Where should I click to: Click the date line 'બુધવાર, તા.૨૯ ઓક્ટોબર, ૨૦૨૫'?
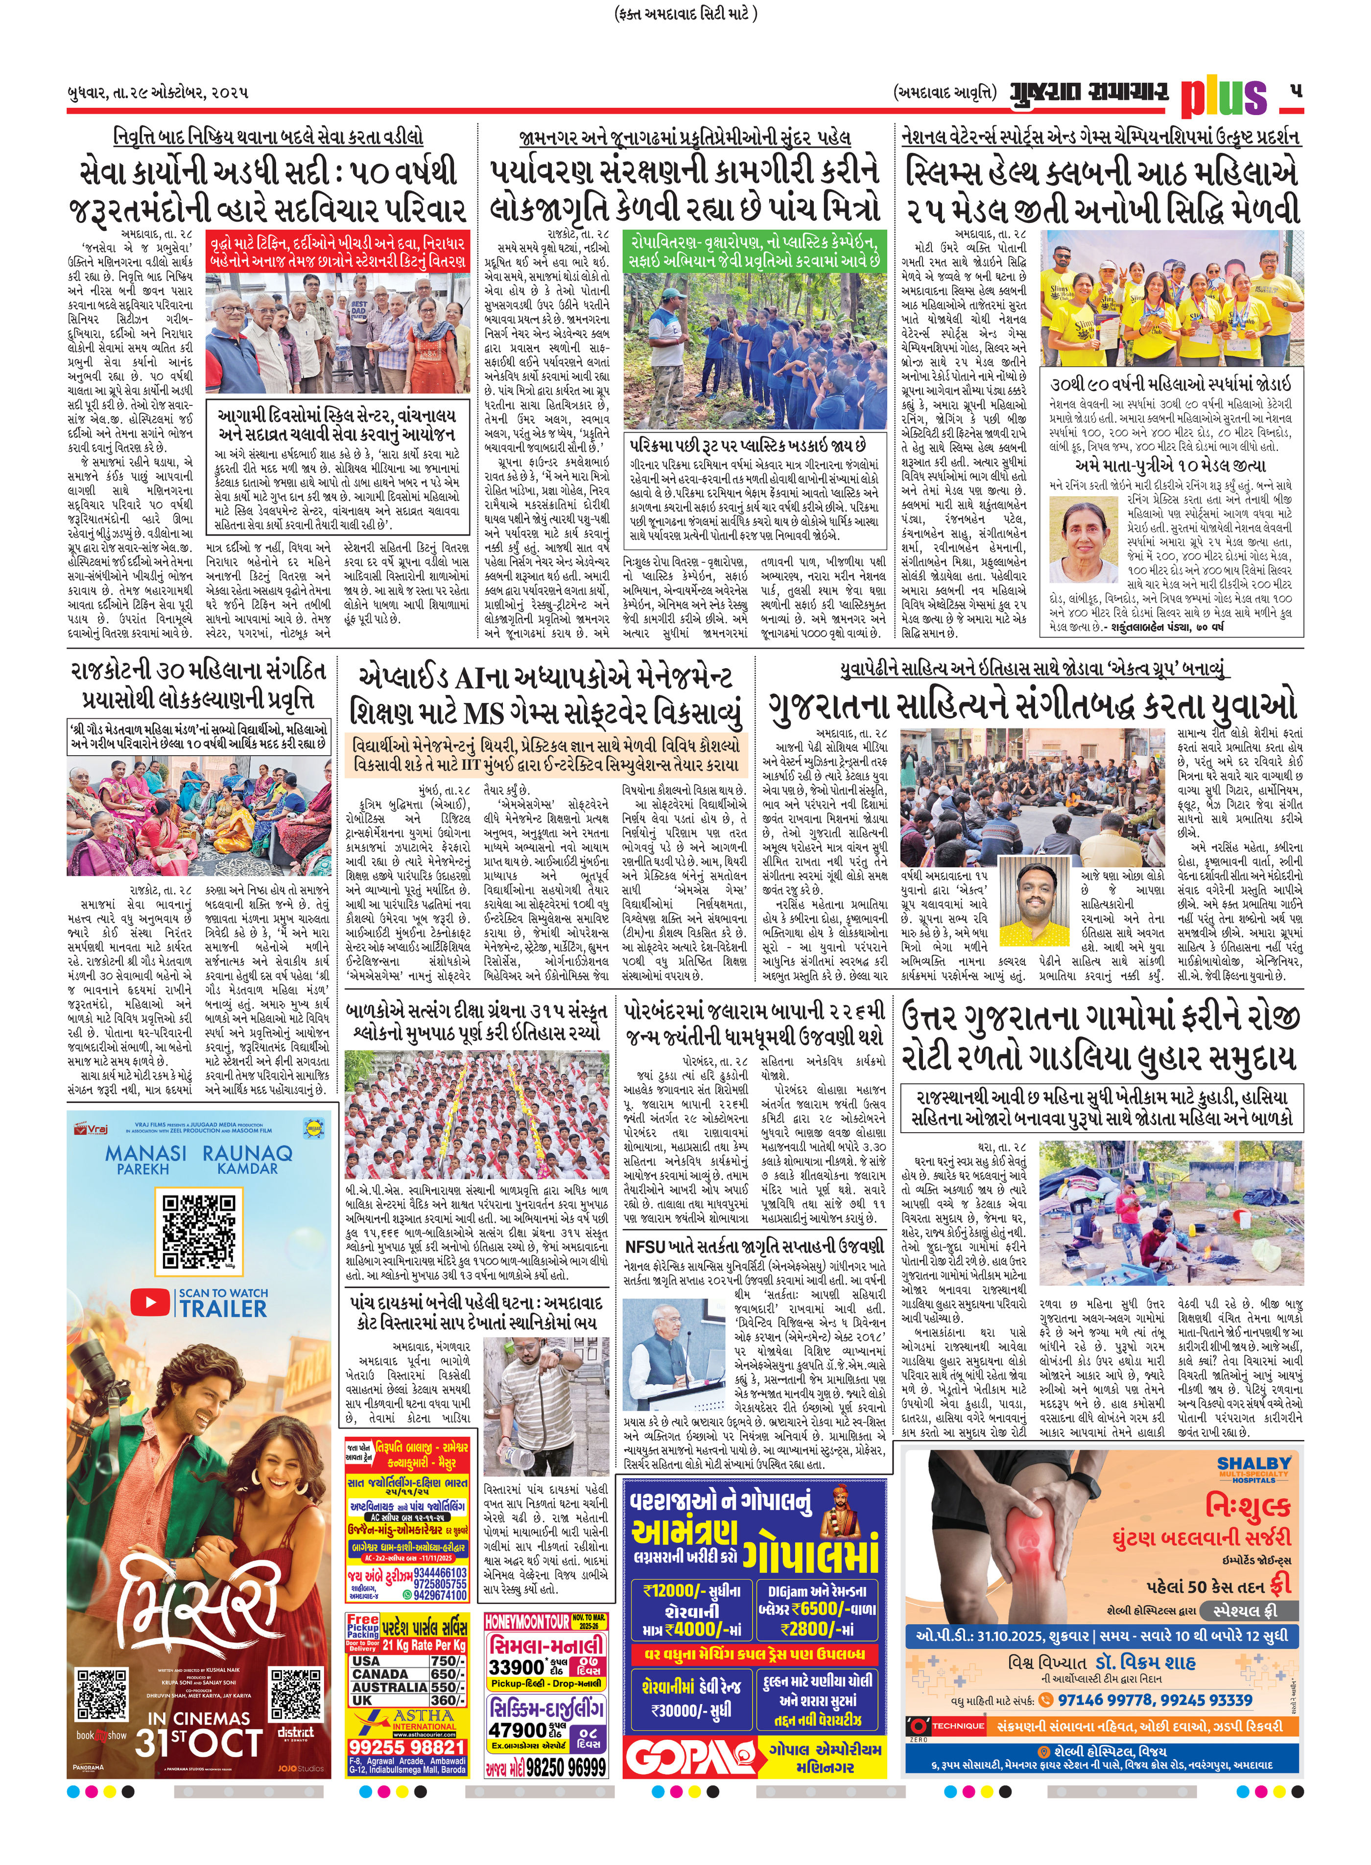click(x=158, y=92)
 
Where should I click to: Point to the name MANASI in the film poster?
click(x=145, y=1153)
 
